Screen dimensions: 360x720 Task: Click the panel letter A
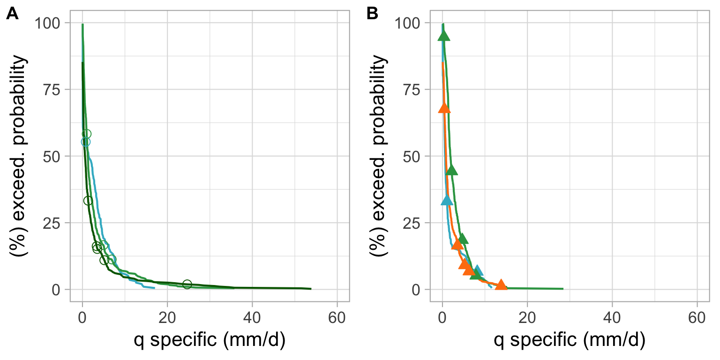coord(12,15)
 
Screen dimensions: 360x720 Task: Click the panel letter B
coord(372,15)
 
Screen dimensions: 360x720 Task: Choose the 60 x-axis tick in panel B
coord(697,317)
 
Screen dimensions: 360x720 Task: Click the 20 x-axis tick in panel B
coord(527,317)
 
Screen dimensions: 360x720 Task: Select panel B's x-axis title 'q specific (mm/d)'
coord(570,341)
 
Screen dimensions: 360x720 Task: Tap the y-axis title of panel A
coord(20,156)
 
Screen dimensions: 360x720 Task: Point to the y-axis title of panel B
coord(380,156)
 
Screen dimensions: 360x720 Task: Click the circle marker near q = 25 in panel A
coord(187,284)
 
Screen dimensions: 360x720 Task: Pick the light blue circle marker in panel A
coord(85,142)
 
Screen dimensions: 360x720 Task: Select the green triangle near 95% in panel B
coord(443,36)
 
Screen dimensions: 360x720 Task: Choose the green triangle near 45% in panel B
coord(451,170)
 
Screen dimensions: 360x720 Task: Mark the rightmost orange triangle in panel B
coord(501,285)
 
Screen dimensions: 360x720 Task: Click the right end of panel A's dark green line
coord(310,289)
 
